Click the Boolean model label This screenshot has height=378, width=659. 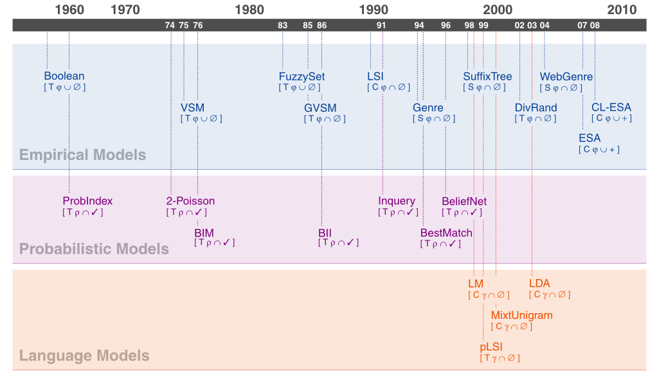pos(64,76)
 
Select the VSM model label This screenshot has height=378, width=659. pos(193,107)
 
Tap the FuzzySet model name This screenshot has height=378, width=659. pos(302,76)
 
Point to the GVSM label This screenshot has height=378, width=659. pos(320,107)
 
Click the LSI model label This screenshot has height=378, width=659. pos(375,76)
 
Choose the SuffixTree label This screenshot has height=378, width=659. pos(487,76)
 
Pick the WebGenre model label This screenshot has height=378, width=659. pos(566,76)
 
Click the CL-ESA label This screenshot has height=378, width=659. pos(611,107)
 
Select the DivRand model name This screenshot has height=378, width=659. pos(536,107)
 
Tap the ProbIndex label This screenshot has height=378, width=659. pos(87,201)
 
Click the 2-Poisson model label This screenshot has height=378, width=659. pos(190,201)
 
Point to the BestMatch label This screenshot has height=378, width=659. pos(446,232)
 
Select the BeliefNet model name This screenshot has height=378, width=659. pos(464,201)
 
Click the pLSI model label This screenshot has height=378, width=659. pos(492,346)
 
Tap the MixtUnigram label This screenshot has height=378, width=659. pos(521,315)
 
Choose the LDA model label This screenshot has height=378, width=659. pos(539,283)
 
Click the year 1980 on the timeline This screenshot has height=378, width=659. pos(249,10)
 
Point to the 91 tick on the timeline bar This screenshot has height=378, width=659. pos(381,25)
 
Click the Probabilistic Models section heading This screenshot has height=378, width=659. pos(94,249)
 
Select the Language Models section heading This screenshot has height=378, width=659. pos(84,355)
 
